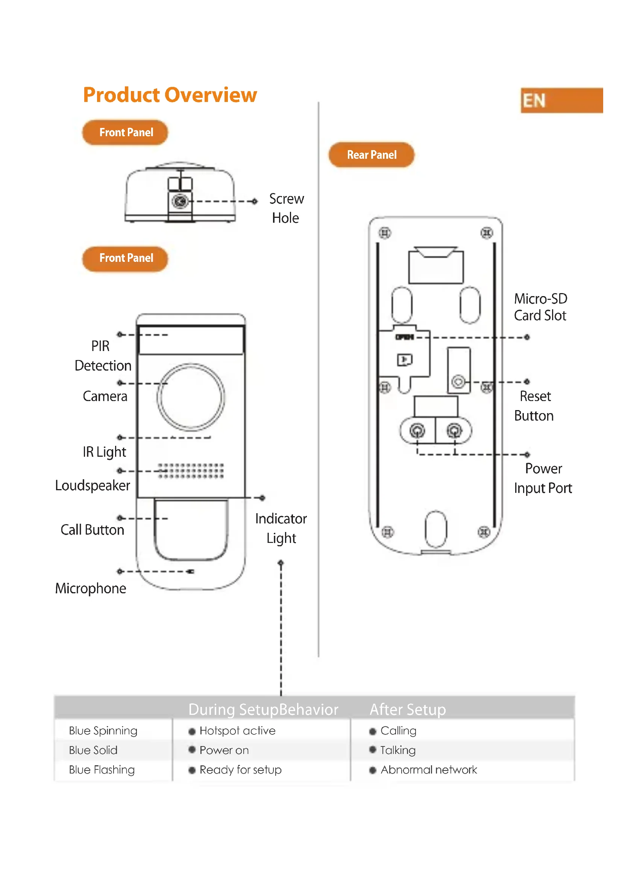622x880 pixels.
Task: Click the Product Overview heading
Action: click(170, 95)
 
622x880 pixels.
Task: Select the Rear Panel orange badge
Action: click(371, 155)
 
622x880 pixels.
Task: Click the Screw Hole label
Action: click(286, 208)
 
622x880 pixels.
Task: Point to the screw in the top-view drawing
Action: click(180, 201)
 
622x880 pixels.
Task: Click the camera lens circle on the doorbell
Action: click(191, 397)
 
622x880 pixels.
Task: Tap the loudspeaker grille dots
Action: click(191, 471)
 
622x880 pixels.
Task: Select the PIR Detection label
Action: click(103, 356)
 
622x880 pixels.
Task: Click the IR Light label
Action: click(104, 452)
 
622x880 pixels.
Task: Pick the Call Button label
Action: click(92, 530)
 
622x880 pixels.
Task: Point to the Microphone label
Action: click(90, 588)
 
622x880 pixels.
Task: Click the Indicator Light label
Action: click(281, 528)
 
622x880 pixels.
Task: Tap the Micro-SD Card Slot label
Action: click(540, 307)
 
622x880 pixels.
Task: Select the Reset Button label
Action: click(534, 406)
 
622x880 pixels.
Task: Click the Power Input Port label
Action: click(543, 478)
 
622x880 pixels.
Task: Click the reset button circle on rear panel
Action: click(458, 381)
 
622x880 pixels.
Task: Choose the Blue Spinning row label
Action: click(103, 731)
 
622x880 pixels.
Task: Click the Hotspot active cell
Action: click(237, 731)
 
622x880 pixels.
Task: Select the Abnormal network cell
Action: click(428, 770)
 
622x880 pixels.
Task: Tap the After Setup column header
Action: click(408, 710)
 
